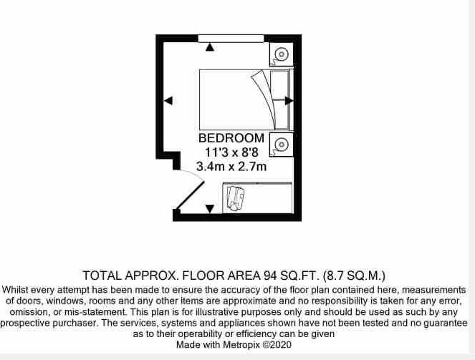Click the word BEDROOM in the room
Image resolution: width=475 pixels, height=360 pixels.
pos(231,138)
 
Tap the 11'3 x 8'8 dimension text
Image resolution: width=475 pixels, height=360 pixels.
pos(231,152)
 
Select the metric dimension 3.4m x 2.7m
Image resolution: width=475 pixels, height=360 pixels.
pos(231,167)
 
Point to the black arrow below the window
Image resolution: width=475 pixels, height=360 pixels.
pos(209,48)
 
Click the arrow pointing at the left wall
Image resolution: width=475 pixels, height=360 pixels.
pos(168,102)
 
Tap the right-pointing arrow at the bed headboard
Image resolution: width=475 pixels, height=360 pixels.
pos(288,101)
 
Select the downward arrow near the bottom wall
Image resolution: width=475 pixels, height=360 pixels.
pos(209,208)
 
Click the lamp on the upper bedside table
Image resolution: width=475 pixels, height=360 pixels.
pos(282,54)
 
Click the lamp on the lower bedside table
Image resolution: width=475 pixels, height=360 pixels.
pos(282,144)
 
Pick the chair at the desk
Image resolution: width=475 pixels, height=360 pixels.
pos(235,198)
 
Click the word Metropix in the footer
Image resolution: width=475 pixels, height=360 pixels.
pos(243,344)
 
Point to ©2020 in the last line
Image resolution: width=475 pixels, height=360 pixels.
pos(279,344)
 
